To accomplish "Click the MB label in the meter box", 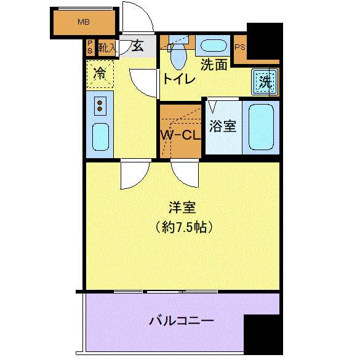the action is [84, 22].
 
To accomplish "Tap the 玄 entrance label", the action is [138, 46].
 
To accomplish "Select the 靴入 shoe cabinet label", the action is [107, 48].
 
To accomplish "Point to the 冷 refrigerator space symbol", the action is [100, 74].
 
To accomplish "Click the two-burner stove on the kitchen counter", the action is [100, 106].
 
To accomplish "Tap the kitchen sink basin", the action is [100, 137].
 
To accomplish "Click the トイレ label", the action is [179, 79].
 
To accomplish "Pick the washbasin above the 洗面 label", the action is [214, 45].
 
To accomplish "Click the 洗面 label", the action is [214, 65].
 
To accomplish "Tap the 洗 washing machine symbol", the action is [265, 82].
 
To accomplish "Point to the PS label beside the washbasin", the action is [240, 47].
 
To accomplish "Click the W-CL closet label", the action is [180, 135].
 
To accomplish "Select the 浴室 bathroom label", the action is [223, 126].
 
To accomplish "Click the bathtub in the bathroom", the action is [261, 127].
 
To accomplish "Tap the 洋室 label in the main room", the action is [182, 207].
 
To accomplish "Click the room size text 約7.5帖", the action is [184, 228].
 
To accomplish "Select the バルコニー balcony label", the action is [182, 321].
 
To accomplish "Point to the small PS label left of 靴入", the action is [90, 47].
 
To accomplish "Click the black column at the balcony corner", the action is [263, 334].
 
